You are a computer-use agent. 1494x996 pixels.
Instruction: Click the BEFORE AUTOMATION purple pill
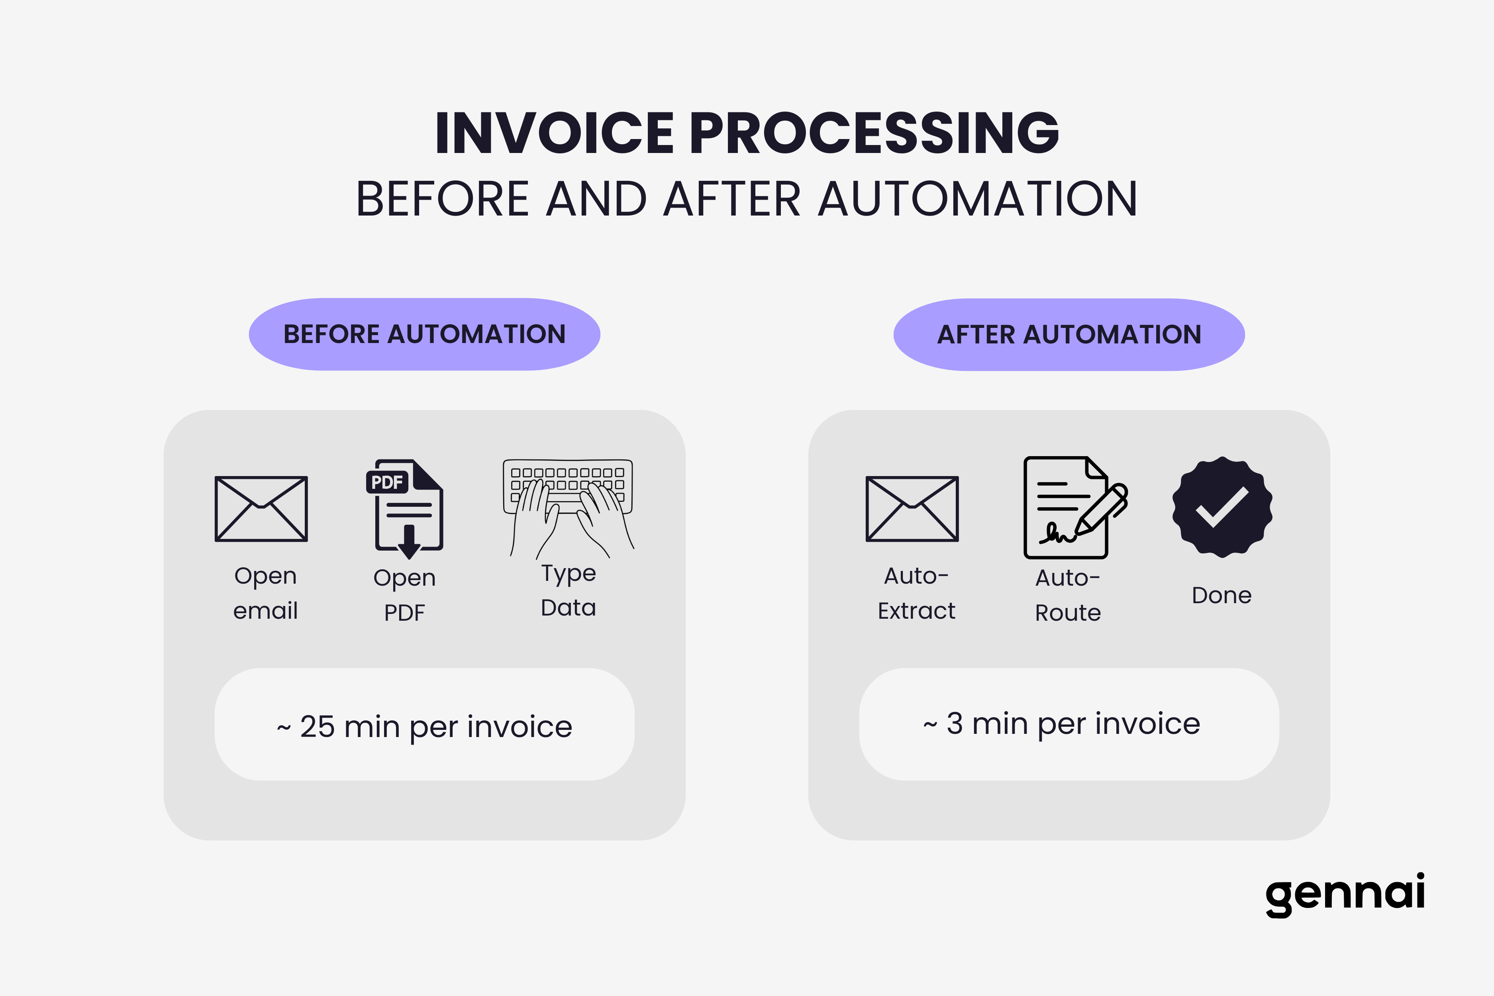424,334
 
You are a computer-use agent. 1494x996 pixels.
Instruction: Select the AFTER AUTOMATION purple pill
1069,335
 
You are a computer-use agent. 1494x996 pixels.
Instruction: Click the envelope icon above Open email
261,509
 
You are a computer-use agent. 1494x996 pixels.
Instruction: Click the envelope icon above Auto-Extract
912,509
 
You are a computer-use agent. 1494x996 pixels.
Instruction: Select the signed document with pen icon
1075,508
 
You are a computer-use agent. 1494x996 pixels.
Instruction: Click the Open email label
265,593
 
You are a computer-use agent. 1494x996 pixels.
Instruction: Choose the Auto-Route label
1068,595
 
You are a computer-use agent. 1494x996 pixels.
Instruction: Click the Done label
1221,595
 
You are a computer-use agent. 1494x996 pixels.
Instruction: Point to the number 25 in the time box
317,727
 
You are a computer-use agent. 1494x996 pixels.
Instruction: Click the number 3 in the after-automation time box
955,723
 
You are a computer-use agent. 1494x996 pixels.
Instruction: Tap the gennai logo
1345,895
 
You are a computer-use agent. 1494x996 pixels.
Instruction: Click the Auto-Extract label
917,593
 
